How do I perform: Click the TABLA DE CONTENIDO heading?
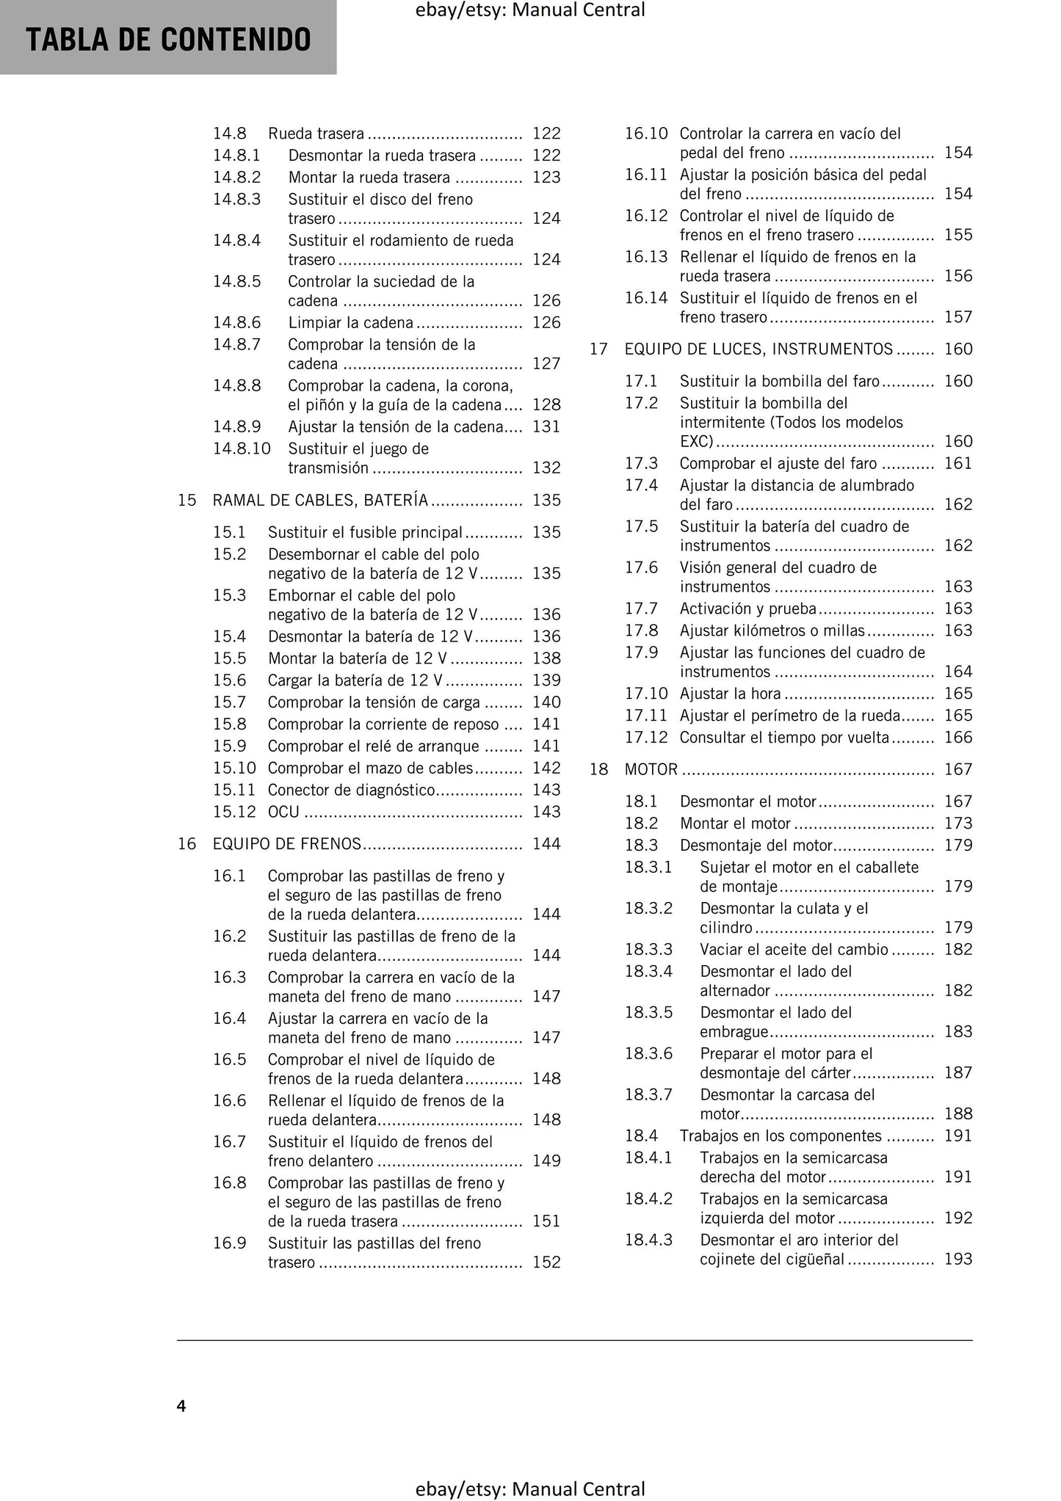coord(168,40)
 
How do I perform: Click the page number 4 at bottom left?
coord(181,1405)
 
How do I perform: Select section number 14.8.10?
coord(242,448)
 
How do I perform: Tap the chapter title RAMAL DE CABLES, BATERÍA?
coord(320,501)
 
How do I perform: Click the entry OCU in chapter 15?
coord(283,812)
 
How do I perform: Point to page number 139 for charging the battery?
coord(546,680)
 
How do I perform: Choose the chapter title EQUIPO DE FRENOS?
coord(287,844)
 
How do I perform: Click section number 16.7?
coord(229,1142)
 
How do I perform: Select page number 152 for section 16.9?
coord(546,1262)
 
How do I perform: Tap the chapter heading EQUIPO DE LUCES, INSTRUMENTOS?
coord(758,349)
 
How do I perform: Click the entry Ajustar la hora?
coord(730,694)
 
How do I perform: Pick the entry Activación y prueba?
coord(747,608)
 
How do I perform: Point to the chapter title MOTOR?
coord(651,770)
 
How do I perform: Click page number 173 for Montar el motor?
coord(958,824)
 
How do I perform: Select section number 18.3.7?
coord(648,1095)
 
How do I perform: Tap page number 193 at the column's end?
coord(958,1260)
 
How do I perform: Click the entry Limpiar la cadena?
coord(350,323)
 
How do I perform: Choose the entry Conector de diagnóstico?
coord(352,790)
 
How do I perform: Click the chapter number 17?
coord(599,349)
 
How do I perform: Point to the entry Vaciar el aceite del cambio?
coord(794,950)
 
